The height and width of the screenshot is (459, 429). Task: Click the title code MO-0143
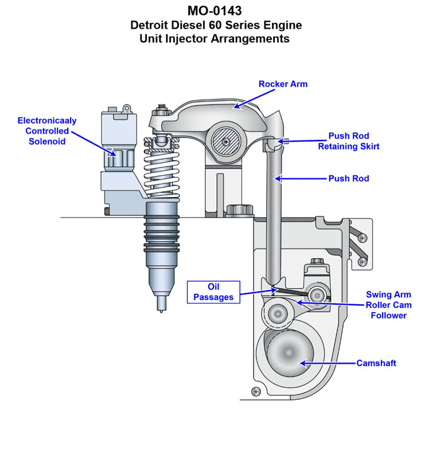click(x=214, y=11)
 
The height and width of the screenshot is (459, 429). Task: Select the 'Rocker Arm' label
click(x=283, y=84)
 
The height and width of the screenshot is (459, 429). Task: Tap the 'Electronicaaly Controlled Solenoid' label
click(x=46, y=131)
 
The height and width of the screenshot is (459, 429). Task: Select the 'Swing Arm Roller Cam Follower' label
click(x=388, y=305)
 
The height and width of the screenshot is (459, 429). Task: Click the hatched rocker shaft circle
click(x=227, y=141)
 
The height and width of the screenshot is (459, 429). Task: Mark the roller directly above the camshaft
click(x=278, y=313)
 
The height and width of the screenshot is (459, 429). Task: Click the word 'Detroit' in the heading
click(x=153, y=25)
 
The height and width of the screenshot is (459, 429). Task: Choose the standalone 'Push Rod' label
click(x=348, y=178)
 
